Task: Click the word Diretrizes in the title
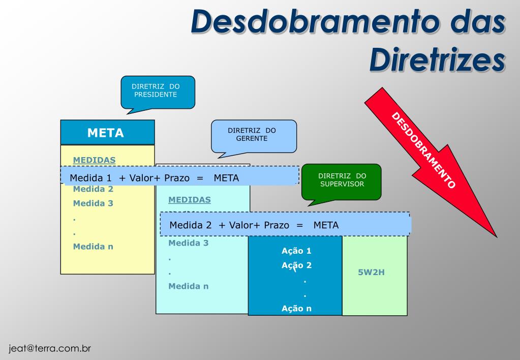437,59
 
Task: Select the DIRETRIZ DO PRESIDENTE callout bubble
158,91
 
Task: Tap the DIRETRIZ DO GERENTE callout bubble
254,135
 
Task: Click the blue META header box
107,133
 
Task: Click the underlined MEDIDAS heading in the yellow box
94,160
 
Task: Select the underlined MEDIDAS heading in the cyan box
189,199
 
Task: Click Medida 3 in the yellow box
93,203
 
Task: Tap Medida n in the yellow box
93,247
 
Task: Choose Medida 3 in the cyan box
189,243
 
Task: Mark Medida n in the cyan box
189,286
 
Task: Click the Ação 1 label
296,251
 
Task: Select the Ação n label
296,308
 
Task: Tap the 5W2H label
372,272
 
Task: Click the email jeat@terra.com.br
50,349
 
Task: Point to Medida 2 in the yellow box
93,189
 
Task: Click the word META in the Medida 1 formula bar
226,178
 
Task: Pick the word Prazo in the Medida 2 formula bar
277,225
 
